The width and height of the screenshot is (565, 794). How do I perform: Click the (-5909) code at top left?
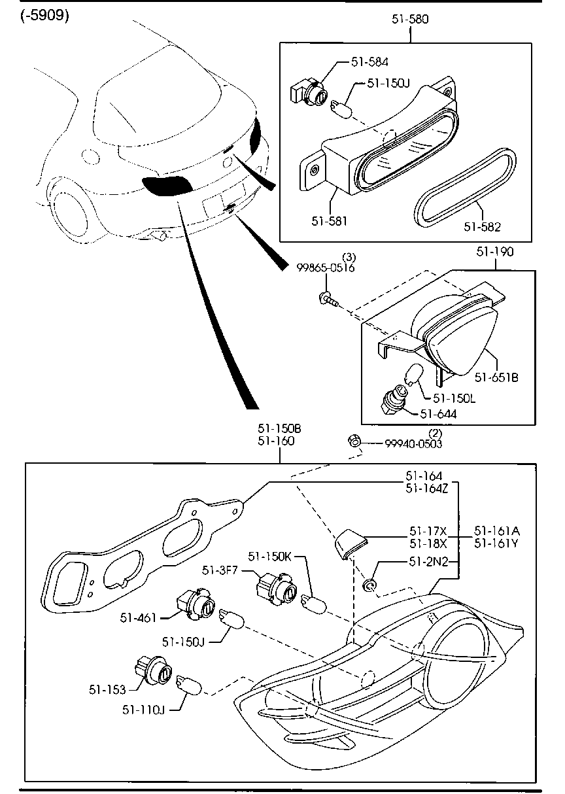pos(44,16)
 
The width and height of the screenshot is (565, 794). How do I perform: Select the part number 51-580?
pos(410,20)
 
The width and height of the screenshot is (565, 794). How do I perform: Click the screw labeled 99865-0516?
pos(328,300)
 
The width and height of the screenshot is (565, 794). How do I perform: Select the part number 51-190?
pos(494,250)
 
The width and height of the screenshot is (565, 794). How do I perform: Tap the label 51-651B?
pos(496,377)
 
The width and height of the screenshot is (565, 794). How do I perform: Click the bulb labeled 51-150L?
pos(413,375)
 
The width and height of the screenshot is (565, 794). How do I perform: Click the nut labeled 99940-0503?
pos(354,441)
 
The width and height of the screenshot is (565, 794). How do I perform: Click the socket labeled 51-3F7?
pos(275,587)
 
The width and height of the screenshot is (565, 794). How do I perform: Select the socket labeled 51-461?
pos(195,605)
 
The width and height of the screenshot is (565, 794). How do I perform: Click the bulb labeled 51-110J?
pos(190,686)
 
